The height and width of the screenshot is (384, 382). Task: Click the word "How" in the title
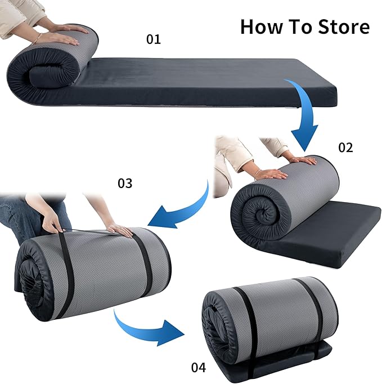point(262,26)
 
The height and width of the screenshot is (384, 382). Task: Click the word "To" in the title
point(300,26)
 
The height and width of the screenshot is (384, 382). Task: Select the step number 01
point(154,39)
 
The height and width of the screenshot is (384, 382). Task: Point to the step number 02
point(345,148)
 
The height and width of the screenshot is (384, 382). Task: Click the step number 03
point(125,183)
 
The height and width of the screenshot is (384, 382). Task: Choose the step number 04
point(199,367)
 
